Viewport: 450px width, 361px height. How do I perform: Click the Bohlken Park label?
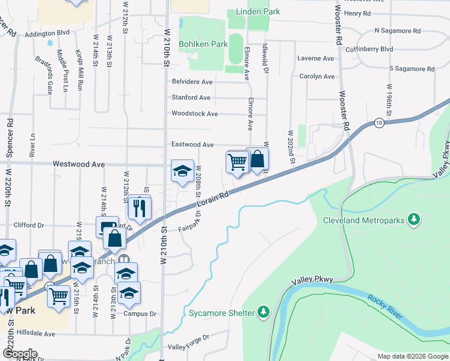click(x=207, y=44)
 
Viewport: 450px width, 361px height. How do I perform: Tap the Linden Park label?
click(x=258, y=11)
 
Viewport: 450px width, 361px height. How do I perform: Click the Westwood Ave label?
click(x=79, y=164)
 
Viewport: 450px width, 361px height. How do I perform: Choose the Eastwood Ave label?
click(x=193, y=145)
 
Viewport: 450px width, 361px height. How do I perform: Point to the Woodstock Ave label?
click(x=194, y=113)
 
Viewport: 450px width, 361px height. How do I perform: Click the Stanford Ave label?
click(x=191, y=97)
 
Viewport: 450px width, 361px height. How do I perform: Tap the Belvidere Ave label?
click(x=192, y=82)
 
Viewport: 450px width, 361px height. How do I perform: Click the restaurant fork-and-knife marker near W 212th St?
click(x=138, y=208)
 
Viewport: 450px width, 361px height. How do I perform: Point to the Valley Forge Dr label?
click(x=188, y=347)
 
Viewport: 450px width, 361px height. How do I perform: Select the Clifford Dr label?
click(x=29, y=225)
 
